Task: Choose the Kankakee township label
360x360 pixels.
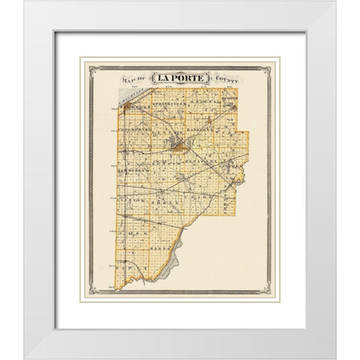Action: (x=203, y=128)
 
